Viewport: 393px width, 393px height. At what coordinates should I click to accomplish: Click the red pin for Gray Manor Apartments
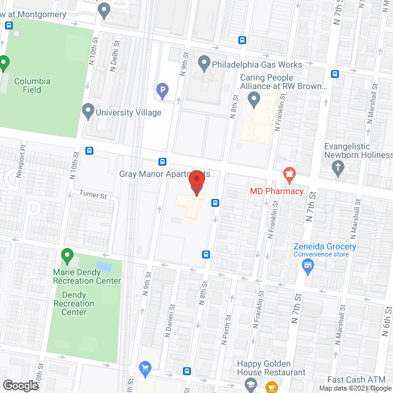tap(196, 182)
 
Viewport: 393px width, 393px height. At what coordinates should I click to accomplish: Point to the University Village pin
tap(88, 111)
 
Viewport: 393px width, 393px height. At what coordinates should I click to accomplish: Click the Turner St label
tap(93, 196)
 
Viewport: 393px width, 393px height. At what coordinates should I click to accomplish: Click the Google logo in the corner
tap(20, 385)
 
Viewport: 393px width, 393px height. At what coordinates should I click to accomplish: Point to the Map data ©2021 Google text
tap(354, 388)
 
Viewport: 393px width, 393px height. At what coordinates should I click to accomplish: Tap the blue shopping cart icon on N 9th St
tap(145, 368)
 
